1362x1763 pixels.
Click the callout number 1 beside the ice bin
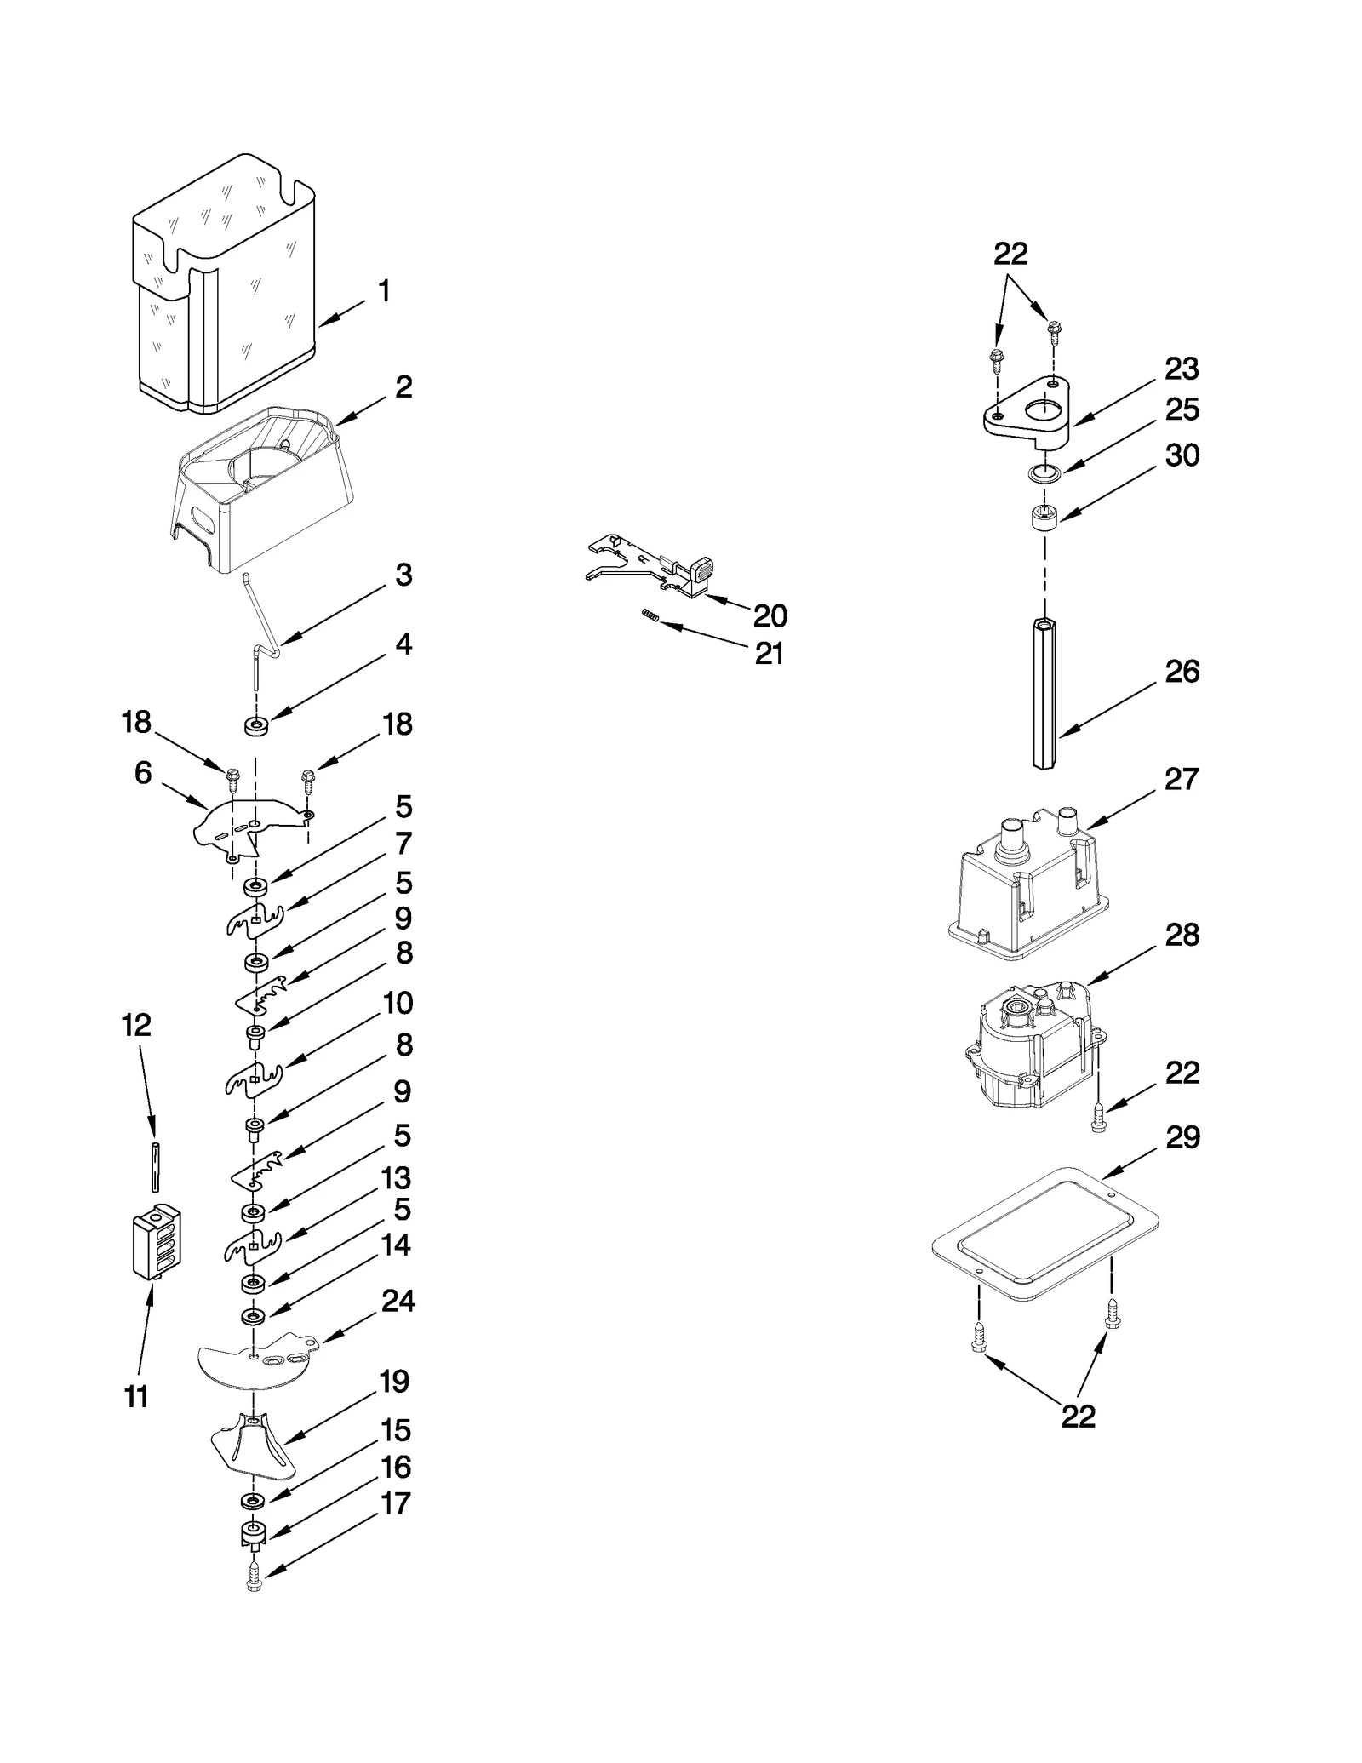coord(384,291)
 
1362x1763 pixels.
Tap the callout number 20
coord(770,615)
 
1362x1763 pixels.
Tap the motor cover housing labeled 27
coord(1021,890)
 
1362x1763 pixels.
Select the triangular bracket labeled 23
coord(1026,417)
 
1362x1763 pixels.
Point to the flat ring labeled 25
coord(1044,473)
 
